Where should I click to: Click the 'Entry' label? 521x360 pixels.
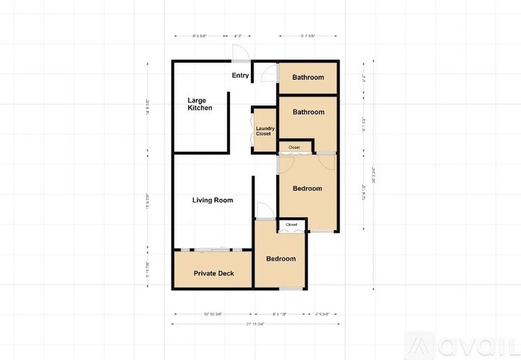coord(240,76)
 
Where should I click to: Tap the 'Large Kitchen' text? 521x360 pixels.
coord(200,104)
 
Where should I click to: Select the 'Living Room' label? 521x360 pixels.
coord(213,200)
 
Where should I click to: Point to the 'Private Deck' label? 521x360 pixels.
coord(213,274)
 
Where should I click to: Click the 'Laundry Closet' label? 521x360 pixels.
coord(264,131)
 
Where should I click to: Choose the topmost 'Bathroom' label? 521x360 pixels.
coord(308,78)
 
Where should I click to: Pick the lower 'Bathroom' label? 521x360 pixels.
coord(308,112)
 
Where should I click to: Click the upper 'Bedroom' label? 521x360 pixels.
coord(307,189)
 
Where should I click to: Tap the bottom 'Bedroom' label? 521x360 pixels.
coord(281,259)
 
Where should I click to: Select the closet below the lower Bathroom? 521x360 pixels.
coord(295,148)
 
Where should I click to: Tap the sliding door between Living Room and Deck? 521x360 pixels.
coord(213,249)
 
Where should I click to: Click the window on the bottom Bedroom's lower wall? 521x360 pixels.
coord(291,289)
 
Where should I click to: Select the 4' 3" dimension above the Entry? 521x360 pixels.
coord(238,36)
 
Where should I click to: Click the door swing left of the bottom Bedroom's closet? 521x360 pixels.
coord(264,210)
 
